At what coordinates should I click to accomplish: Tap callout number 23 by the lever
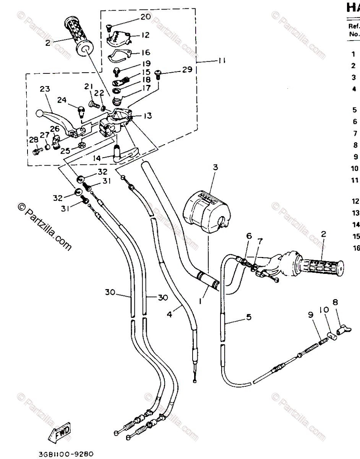(45, 89)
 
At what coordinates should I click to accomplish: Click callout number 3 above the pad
(215, 167)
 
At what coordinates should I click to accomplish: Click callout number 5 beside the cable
(249, 317)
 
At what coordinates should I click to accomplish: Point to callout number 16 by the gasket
(146, 52)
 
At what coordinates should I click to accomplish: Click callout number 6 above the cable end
(249, 236)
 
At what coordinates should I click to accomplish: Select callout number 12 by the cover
(145, 35)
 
